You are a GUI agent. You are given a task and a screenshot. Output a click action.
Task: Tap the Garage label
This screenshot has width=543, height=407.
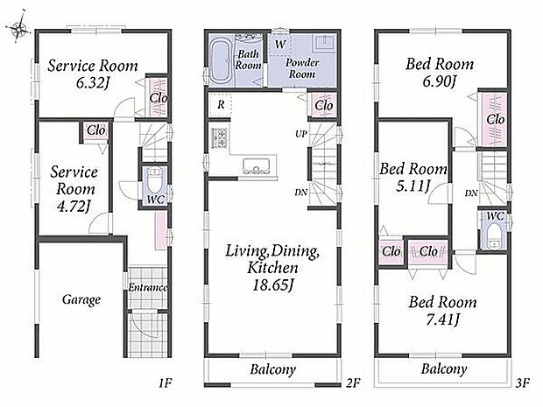81,299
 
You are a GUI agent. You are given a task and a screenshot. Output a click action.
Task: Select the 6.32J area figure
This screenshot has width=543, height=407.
93,83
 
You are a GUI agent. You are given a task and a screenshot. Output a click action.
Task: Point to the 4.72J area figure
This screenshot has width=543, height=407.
74,207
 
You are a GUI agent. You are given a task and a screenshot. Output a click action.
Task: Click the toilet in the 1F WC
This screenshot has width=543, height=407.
155,181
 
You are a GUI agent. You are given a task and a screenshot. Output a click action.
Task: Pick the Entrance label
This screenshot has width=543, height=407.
147,287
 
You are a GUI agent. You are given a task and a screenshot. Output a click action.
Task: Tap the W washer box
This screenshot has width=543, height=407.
280,44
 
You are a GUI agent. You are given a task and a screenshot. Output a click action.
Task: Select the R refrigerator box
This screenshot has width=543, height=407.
221,104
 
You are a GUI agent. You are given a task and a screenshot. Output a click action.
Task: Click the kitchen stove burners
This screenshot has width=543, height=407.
220,137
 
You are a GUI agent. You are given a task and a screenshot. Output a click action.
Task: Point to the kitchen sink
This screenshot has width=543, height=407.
257,165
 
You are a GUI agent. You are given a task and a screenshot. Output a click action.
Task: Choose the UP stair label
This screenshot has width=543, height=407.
301,134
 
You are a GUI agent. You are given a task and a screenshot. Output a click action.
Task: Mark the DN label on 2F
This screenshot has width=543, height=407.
301,192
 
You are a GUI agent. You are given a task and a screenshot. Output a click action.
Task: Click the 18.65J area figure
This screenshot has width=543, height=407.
273,285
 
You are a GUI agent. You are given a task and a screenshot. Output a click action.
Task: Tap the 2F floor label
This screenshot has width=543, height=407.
353,382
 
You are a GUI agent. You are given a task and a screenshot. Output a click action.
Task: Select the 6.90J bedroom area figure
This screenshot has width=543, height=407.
440,81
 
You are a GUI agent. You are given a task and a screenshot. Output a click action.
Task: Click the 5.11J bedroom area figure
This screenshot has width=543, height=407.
413,186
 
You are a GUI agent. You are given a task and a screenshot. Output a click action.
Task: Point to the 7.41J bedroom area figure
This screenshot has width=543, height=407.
442,319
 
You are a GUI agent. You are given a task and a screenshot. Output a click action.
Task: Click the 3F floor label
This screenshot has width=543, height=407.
523,382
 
